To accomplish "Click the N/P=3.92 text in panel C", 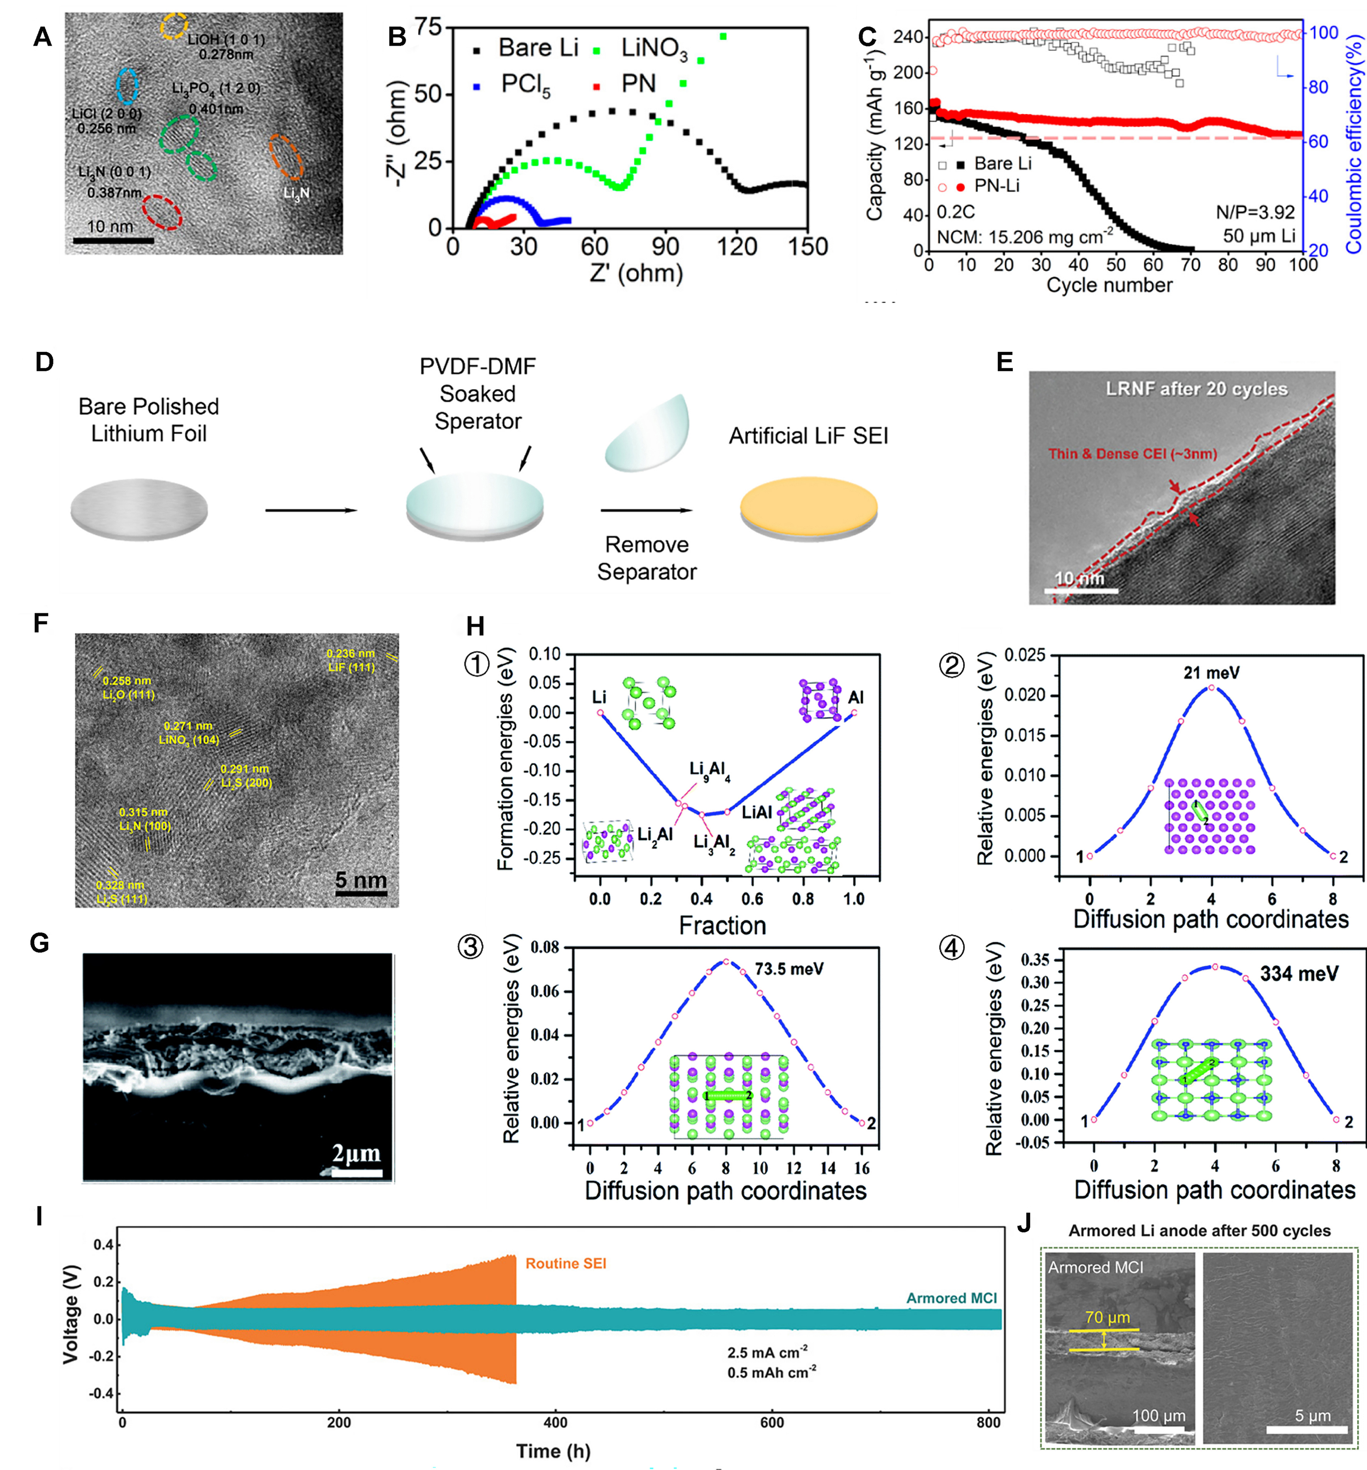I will pyautogui.click(x=1255, y=212).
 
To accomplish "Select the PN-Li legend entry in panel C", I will pyautogui.click(x=996, y=186).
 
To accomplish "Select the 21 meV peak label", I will pyautogui.click(x=1211, y=672).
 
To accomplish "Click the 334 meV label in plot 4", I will pyautogui.click(x=1299, y=974).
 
